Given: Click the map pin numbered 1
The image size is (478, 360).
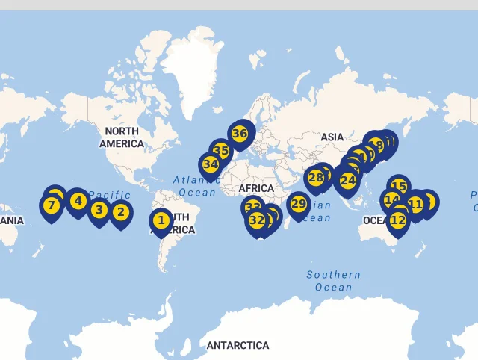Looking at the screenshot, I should (161, 220).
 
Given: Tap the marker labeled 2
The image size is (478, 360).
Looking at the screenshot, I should (120, 212).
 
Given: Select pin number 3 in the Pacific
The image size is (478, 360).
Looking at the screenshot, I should (99, 211).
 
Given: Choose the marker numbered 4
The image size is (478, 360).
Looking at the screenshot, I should (77, 200).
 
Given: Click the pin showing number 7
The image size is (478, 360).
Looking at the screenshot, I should (51, 205).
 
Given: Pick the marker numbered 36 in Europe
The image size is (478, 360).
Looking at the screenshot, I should (239, 134).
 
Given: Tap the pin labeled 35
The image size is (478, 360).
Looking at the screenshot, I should (220, 151).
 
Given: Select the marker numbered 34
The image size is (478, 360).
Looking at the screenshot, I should (210, 164).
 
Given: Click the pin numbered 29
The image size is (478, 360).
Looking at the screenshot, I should (298, 204).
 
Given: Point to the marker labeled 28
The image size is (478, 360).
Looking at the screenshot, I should (316, 178).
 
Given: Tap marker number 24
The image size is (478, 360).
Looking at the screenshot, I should (347, 180).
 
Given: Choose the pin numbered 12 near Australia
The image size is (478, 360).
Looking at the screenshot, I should (397, 220).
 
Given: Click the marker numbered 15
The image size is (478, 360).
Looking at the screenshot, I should (399, 187).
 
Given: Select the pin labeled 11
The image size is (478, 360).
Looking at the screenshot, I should (415, 204).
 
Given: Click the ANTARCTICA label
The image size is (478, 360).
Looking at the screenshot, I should (238, 345).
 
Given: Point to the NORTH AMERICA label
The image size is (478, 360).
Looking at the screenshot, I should (121, 137).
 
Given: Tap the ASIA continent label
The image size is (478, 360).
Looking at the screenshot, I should (332, 137).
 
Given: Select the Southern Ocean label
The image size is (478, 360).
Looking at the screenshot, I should (333, 281).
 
